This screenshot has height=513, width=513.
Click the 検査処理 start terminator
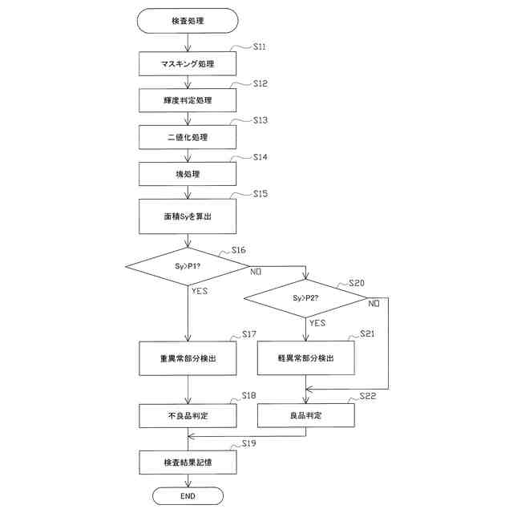pos(188,21)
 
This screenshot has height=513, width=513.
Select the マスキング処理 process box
pos(188,63)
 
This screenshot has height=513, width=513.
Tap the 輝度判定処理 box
pos(188,100)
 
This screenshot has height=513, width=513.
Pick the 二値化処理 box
pos(188,137)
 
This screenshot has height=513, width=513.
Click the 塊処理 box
pos(188,174)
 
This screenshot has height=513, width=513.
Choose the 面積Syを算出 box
pos(188,216)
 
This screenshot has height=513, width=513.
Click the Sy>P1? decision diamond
pos(188,265)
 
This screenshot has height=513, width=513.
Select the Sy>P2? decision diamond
pos(305,298)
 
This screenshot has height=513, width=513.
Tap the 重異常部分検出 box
pos(188,358)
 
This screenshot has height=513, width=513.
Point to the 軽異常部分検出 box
pos(305,357)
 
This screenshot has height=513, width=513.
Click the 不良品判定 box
pos(188,416)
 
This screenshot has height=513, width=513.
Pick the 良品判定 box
pos(305,415)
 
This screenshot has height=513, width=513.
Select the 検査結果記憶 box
pos(188,463)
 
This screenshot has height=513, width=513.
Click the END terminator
pos(188,497)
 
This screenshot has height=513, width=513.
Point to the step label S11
pos(260,47)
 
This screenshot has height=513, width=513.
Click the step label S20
pos(357,284)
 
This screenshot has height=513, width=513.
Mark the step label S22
pos(368,396)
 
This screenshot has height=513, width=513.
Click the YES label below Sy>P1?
pos(200,291)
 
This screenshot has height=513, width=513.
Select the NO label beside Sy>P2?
pos(374,304)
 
